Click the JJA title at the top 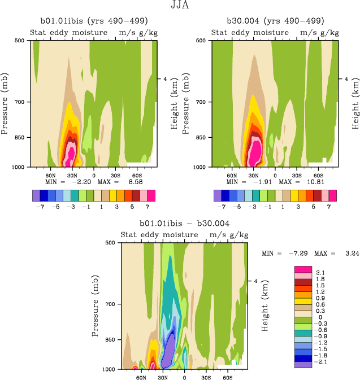coord(180,6)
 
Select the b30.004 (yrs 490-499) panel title coord(275,21)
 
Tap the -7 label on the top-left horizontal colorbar coord(40,207)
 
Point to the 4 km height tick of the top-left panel coord(164,80)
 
